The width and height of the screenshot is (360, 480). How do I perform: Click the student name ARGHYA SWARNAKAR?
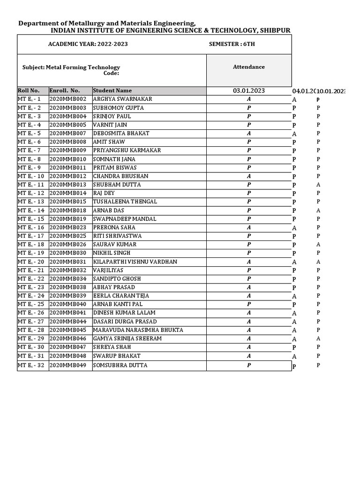point(122,99)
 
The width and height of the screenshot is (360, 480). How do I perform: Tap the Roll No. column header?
point(29,90)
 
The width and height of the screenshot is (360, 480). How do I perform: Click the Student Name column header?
point(112,90)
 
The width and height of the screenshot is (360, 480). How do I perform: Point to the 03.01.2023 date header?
point(249,90)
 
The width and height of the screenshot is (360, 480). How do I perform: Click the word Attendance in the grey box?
point(249,67)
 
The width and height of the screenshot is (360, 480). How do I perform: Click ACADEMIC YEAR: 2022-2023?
point(88,44)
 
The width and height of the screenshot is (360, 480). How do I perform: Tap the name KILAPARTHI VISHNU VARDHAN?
point(135,262)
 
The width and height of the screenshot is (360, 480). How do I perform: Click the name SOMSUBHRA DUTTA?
point(120,365)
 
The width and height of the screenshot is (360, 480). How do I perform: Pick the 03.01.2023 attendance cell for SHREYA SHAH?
point(249,347)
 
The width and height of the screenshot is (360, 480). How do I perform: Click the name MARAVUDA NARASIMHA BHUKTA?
point(138,330)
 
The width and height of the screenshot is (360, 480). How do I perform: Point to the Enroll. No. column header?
point(65,90)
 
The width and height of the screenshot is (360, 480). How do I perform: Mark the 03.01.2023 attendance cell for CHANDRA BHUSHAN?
point(249,176)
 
